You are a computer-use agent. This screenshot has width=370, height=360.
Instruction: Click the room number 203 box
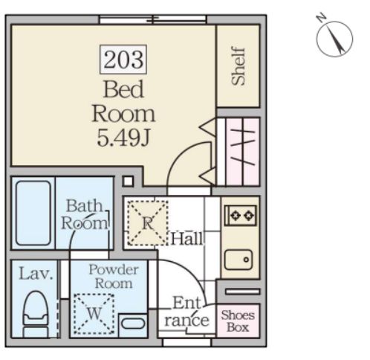pyautogui.click(x=123, y=60)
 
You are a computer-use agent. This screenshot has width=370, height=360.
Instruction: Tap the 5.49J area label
pyautogui.click(x=123, y=138)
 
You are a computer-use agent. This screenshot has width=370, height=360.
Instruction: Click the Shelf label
pyautogui.click(x=238, y=66)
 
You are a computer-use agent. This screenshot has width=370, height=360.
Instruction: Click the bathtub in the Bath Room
pyautogui.click(x=33, y=213)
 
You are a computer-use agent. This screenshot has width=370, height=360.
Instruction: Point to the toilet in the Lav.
pyautogui.click(x=36, y=314)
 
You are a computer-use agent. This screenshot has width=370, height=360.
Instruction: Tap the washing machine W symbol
pyautogui.click(x=94, y=314)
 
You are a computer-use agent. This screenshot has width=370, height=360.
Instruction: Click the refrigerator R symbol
pyautogui.click(x=148, y=222)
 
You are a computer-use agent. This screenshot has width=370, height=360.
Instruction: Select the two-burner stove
pyautogui.click(x=240, y=216)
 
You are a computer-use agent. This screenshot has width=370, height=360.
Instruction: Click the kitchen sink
pyautogui.click(x=238, y=260)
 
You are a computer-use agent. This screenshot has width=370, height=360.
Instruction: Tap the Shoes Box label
pyautogui.click(x=238, y=321)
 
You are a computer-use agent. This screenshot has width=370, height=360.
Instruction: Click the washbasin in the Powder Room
pyautogui.click(x=133, y=324)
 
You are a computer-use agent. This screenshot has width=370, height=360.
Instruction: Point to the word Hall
pyautogui.click(x=187, y=239)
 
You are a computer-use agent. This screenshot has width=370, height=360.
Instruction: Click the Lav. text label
pyautogui.click(x=36, y=274)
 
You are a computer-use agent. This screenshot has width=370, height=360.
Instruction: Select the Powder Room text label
pyautogui.click(x=114, y=277)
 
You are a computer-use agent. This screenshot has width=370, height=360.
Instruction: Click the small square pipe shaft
pyautogui.click(x=128, y=181)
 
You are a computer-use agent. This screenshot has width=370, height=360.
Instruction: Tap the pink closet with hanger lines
pyautogui.click(x=242, y=152)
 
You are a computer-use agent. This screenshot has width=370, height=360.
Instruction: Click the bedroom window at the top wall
pyautogui.click(x=153, y=19)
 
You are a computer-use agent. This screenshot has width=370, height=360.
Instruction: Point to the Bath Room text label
pyautogui.click(x=84, y=214)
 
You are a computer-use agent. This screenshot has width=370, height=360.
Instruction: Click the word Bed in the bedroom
pyautogui.click(x=123, y=89)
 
